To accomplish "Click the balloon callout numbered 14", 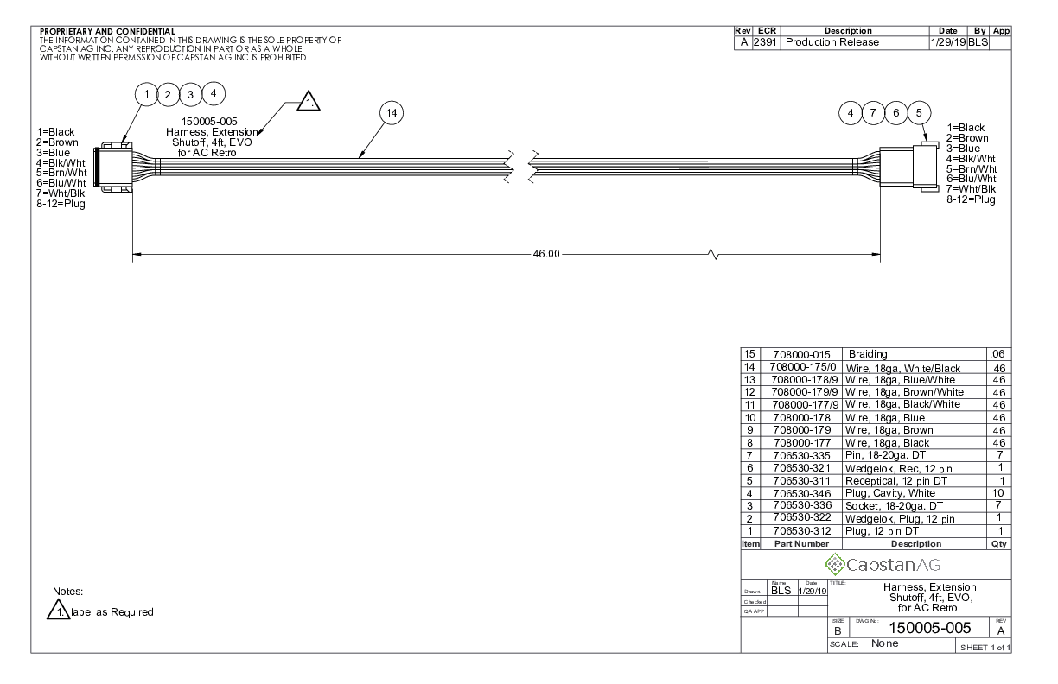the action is point(392,113).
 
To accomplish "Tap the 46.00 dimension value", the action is point(546,254).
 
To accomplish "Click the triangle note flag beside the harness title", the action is point(309,101).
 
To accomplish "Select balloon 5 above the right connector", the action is point(919,113).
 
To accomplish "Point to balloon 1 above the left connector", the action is point(146,94).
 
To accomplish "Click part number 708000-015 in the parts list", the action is point(801,354).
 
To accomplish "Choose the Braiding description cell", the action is point(868,354).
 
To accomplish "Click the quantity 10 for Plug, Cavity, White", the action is point(997,493).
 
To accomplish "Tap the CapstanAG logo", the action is point(883,565).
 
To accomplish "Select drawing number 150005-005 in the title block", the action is point(929,628).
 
